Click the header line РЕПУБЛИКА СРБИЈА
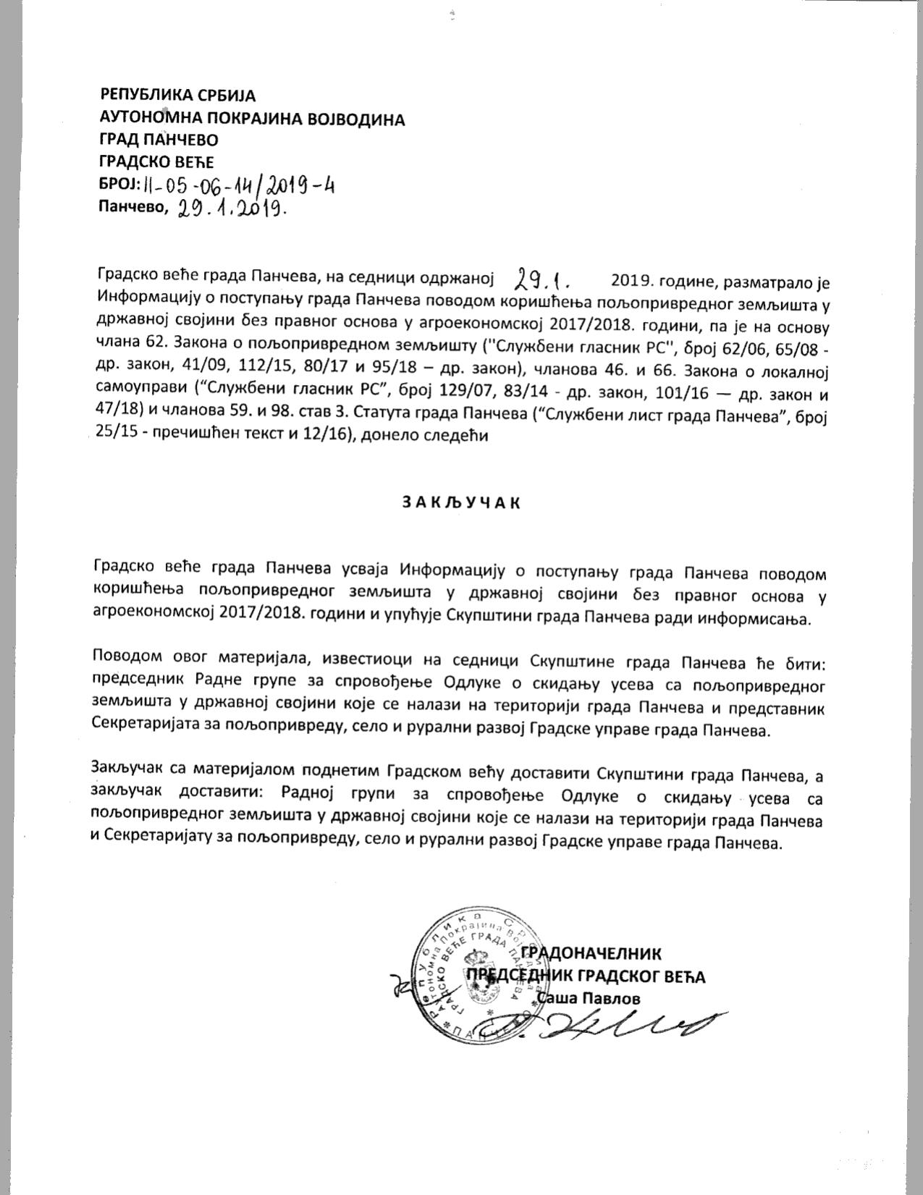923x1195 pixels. pyautogui.click(x=178, y=95)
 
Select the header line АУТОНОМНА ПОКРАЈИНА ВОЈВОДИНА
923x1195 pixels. pyautogui.click(x=252, y=119)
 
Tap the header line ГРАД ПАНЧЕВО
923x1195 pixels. pyautogui.click(x=159, y=140)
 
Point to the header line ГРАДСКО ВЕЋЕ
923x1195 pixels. pyautogui.click(x=157, y=162)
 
